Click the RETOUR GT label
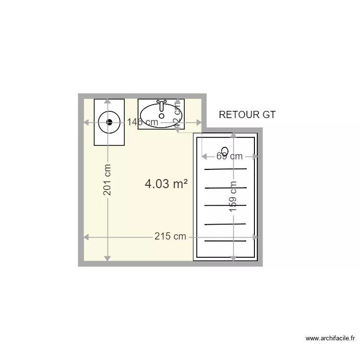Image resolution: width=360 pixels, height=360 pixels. coord(247,115)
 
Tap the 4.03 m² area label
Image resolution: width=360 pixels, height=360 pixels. coord(166,184)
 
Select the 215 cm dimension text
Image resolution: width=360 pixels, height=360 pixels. coord(170,237)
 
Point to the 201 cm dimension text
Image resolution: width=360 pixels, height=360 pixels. coord(107,180)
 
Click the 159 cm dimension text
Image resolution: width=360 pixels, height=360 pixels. coord(233,196)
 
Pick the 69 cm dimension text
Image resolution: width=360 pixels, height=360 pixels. coord(229,156)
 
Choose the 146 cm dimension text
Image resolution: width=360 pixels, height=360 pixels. coord(143,122)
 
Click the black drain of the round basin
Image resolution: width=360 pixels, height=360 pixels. coord(109,122)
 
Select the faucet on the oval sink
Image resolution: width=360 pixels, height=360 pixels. coord(162,103)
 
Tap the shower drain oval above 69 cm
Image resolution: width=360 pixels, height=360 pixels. coord(225,150)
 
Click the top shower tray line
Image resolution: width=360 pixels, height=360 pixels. coord(226,169)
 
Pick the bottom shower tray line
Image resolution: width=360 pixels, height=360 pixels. coord(226,241)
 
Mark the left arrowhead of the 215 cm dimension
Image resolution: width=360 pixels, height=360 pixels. coord(87,237)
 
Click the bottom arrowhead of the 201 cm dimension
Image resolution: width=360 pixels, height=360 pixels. coord(107,258)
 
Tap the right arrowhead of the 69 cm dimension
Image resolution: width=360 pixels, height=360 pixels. coord(255,156)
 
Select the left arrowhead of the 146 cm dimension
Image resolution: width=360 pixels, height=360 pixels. coord(87,122)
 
